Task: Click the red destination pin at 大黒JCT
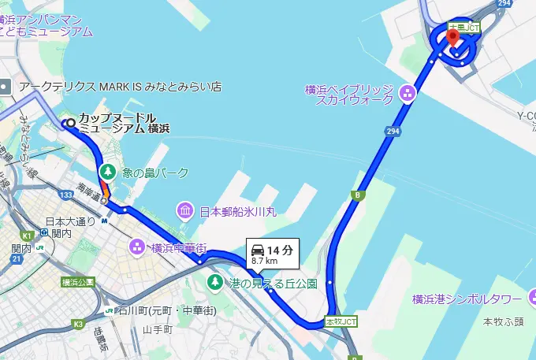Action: click(452, 36)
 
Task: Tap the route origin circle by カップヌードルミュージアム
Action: click(70, 123)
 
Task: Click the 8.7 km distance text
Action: click(265, 261)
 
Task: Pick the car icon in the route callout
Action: click(258, 250)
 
